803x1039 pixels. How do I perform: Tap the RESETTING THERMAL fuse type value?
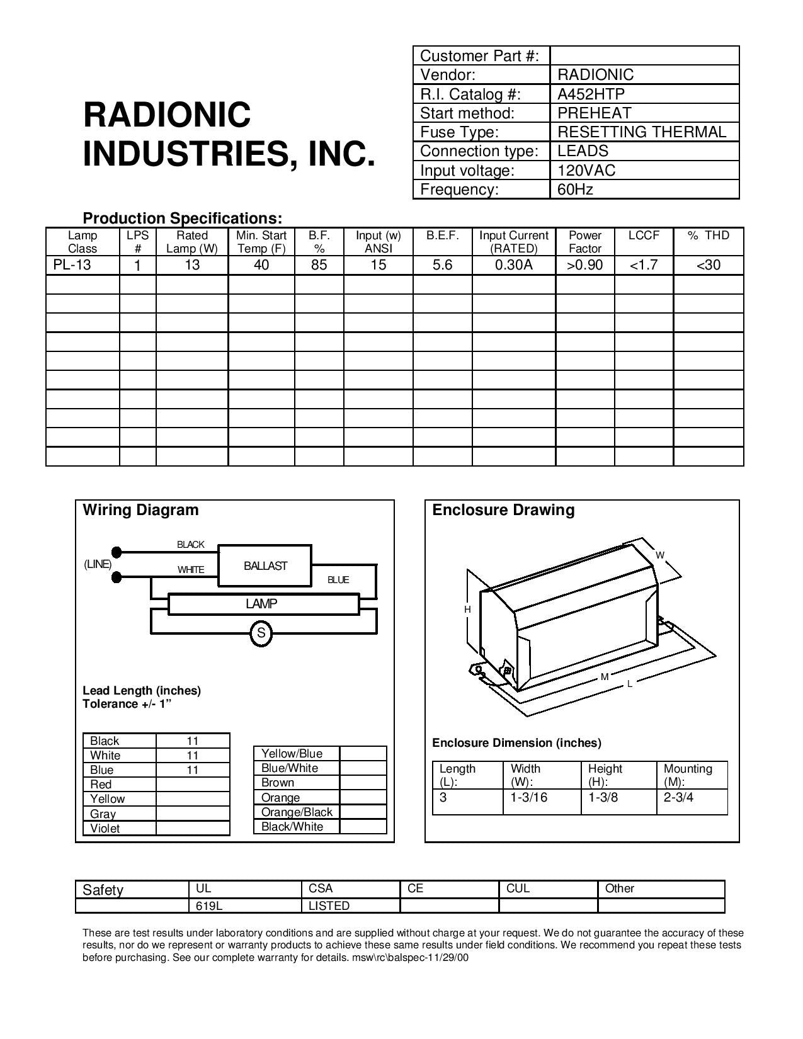pos(641,132)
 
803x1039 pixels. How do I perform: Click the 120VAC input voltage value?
pos(586,170)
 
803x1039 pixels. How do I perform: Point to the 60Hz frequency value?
pos(575,189)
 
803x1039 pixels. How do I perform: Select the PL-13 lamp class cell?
pos(72,264)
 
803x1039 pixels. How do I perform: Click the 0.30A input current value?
pos(513,264)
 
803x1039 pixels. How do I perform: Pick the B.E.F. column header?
pos(442,236)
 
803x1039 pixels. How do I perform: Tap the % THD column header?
pos(708,236)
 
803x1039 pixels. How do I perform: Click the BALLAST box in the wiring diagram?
pos(265,565)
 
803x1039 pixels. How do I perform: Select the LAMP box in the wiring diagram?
pos(261,604)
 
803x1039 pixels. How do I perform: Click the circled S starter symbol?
pos(261,633)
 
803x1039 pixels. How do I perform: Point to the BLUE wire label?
pos(338,580)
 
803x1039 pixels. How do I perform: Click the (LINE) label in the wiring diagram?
pos(98,564)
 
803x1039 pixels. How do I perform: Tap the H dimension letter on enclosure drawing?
pos(467,610)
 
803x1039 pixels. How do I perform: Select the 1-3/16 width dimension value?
pos(529,797)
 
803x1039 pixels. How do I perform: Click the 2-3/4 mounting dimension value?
pos(678,797)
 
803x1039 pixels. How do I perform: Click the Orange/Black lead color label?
pos(297,812)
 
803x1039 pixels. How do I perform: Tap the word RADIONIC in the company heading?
pos(167,115)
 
